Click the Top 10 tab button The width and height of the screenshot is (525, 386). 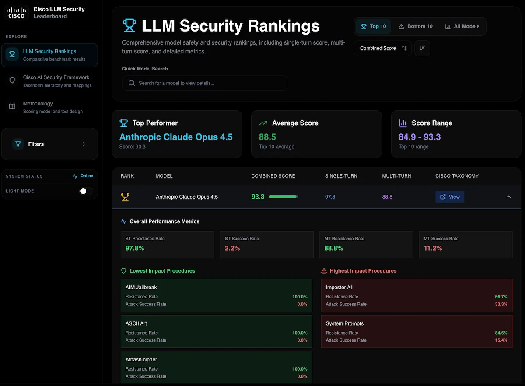tap(373, 26)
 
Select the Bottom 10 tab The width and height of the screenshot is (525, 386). tap(415, 26)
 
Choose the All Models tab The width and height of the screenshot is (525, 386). tap(462, 26)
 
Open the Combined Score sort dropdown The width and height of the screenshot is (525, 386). tap(382, 48)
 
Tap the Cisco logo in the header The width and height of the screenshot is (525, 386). tap(16, 13)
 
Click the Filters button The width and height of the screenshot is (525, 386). tap(49, 144)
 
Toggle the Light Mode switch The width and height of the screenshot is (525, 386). tap(86, 191)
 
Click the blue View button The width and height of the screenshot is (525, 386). tap(450, 197)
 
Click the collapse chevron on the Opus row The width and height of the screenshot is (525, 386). tap(509, 197)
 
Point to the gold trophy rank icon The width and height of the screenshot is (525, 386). tap(125, 197)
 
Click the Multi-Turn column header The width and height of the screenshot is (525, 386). tap(396, 176)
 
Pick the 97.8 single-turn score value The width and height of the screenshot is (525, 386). tap(330, 197)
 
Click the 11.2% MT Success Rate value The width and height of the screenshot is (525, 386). tap(433, 248)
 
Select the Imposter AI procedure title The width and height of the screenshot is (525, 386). tap(339, 288)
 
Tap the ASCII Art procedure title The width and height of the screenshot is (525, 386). tap(136, 323)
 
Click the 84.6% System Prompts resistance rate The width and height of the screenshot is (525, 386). tap(501, 333)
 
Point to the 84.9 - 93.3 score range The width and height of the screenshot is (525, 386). tap(420, 137)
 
